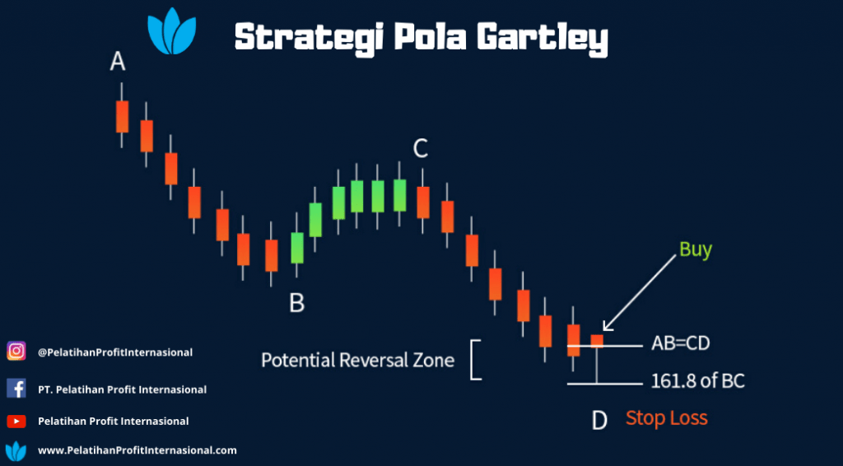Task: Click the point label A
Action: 118,61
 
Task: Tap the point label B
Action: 296,303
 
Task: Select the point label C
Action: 421,149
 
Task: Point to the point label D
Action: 599,421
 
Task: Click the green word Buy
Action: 696,250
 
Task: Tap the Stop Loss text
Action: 667,418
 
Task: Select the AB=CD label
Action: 681,343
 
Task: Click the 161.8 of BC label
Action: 698,381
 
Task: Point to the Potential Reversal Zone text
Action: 358,360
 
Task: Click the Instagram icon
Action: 16,351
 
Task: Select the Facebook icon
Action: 16,388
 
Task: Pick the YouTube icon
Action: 16,422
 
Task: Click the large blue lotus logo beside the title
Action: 172,31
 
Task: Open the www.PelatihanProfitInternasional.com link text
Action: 137,450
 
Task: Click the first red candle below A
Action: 122,115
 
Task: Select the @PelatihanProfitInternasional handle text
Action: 115,352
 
